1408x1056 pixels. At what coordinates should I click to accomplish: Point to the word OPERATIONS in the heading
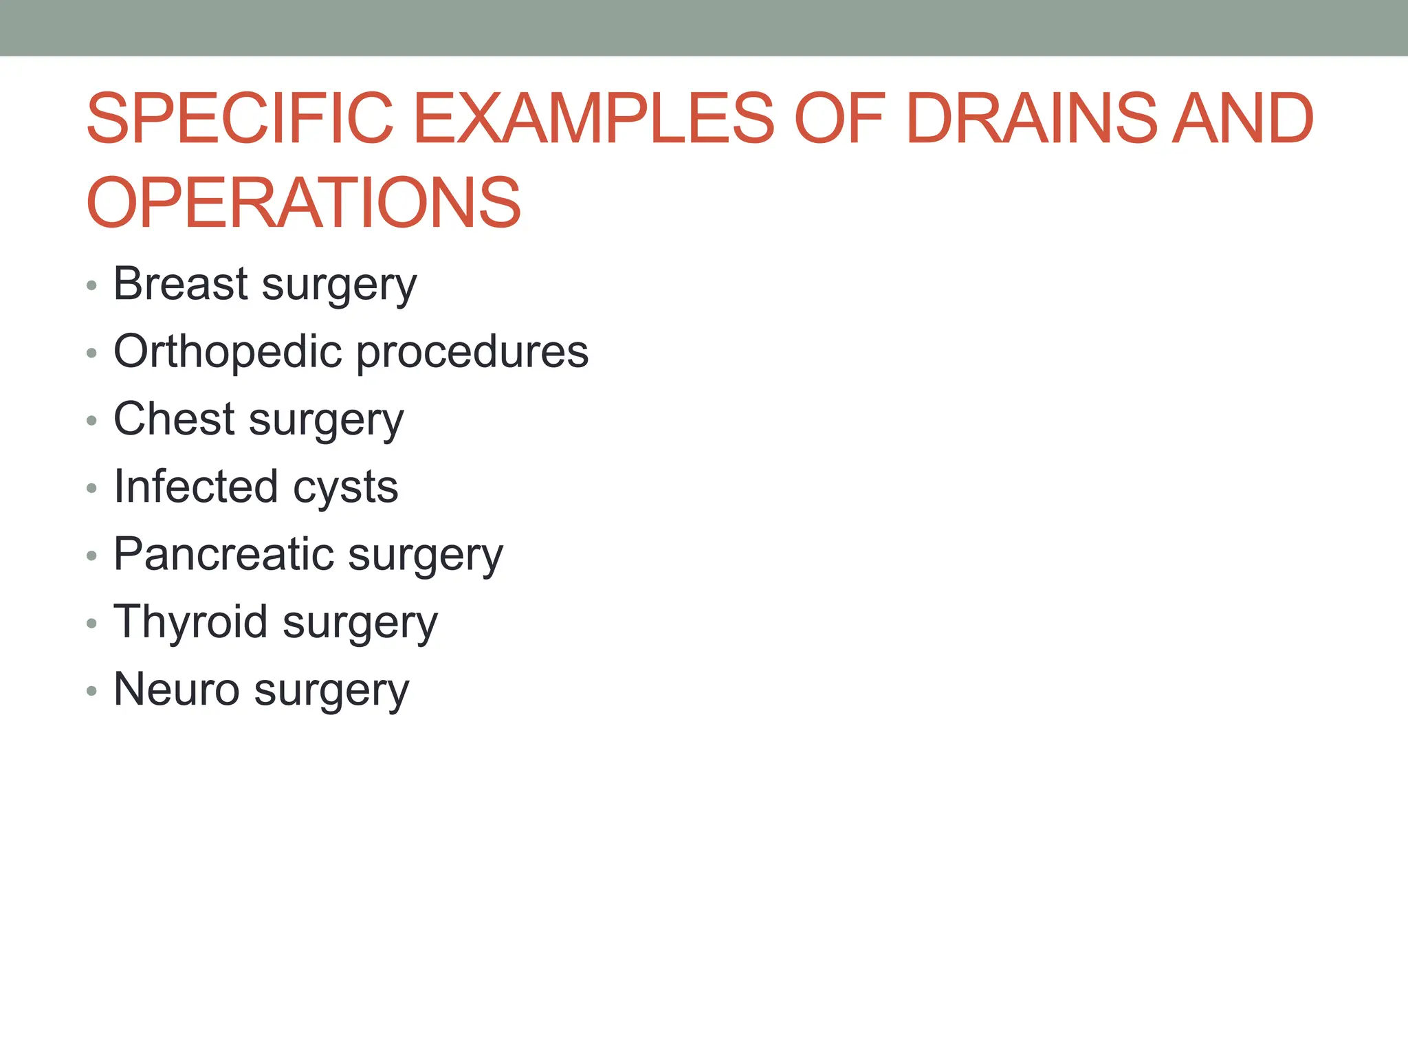pos(303,203)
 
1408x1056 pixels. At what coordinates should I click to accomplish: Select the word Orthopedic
pos(228,351)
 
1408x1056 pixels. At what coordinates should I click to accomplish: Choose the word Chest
pos(174,419)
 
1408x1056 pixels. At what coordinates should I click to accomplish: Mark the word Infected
pos(196,486)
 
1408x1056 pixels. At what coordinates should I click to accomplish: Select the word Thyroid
pos(190,621)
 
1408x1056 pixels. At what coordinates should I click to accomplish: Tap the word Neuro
pos(176,689)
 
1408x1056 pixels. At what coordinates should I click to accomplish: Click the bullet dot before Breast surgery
pos(92,285)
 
